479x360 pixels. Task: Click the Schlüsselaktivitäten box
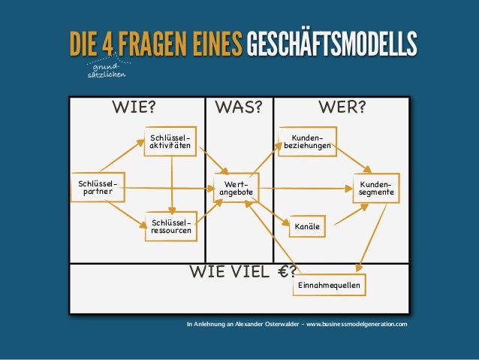click(170, 141)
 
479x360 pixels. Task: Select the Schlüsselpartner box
click(94, 186)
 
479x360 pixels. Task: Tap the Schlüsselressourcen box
click(170, 227)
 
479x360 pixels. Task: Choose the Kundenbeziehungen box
click(307, 142)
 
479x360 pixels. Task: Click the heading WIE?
click(134, 107)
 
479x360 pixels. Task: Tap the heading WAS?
click(238, 107)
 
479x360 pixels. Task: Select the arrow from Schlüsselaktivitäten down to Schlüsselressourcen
click(172, 183)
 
